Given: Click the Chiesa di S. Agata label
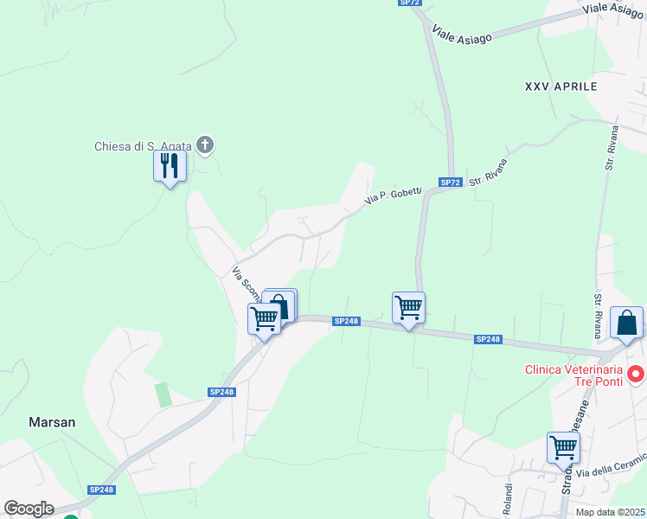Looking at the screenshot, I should tap(144, 146).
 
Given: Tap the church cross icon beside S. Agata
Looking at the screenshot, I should tap(205, 144).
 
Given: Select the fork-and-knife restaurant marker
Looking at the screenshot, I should tap(170, 166).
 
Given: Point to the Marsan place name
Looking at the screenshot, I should tap(52, 423).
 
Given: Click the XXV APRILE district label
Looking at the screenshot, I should tap(561, 87).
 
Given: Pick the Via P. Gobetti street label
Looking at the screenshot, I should tap(393, 196).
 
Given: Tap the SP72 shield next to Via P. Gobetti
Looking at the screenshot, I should tap(450, 183).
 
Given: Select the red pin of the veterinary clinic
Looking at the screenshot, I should tap(637, 375).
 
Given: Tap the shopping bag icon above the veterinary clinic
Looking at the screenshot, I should tap(626, 324).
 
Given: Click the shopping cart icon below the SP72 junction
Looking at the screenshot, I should tap(408, 307).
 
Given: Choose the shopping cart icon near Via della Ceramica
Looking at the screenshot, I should tap(563, 448).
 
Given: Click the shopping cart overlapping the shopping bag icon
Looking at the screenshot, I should tap(264, 318).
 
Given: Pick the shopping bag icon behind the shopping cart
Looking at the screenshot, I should tap(281, 304).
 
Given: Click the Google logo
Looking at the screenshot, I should tap(29, 509).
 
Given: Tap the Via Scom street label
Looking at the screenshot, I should tap(245, 285).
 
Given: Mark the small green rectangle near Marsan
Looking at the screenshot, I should tap(163, 394).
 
